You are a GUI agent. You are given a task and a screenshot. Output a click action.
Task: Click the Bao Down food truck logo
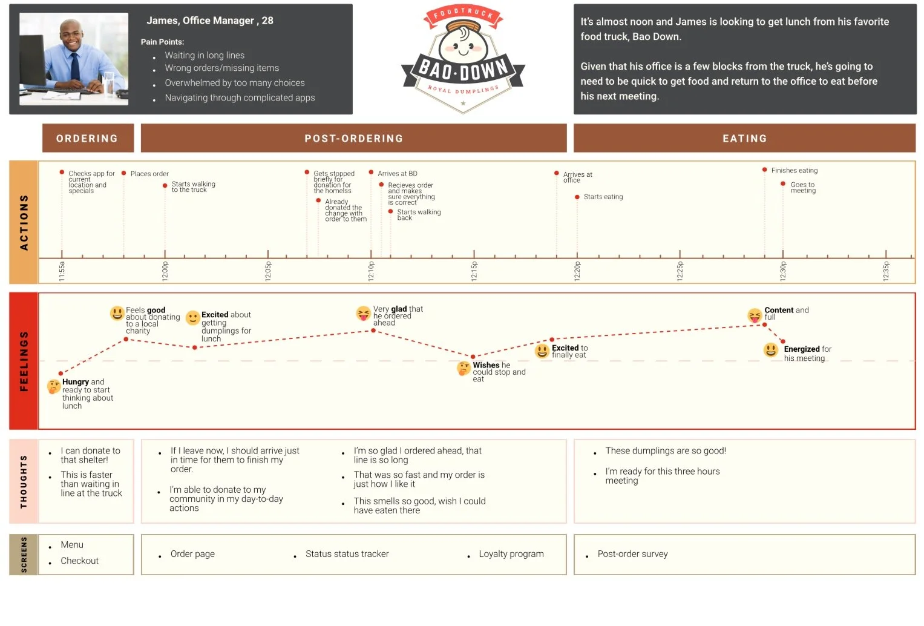pos(463,61)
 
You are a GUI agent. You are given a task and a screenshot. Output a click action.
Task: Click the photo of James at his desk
pos(74,59)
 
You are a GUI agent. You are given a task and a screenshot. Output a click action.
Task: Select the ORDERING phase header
pos(88,139)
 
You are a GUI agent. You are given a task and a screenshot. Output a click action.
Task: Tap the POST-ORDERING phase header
pos(353,139)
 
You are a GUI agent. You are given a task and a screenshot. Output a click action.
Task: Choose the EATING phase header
pos(744,139)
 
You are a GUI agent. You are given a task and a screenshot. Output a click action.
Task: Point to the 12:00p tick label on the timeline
pos(165,271)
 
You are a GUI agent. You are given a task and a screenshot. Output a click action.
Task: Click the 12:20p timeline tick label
pos(577,271)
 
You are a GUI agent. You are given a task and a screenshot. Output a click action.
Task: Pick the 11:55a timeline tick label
pos(62,271)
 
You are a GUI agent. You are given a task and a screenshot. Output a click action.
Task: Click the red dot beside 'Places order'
pos(124,173)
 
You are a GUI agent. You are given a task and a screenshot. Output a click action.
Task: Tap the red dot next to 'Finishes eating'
pos(765,170)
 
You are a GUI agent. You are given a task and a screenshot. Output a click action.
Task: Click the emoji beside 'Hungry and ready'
pos(54,386)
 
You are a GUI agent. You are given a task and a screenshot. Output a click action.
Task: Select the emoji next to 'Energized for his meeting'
pos(771,350)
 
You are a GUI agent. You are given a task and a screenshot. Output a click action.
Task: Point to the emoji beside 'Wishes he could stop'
pos(464,367)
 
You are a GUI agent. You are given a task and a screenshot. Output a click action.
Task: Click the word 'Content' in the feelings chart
pos(779,310)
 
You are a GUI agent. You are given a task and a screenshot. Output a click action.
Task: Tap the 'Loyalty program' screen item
pos(511,554)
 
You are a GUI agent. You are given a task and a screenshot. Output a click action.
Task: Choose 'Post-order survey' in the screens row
pos(632,554)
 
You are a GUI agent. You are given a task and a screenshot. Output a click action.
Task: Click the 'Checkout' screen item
pos(79,561)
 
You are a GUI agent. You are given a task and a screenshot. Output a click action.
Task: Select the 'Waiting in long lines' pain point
pos(205,55)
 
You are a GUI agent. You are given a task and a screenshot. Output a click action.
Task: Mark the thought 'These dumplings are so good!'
pos(666,450)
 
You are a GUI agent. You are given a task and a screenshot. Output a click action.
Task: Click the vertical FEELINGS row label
pos(24,361)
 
